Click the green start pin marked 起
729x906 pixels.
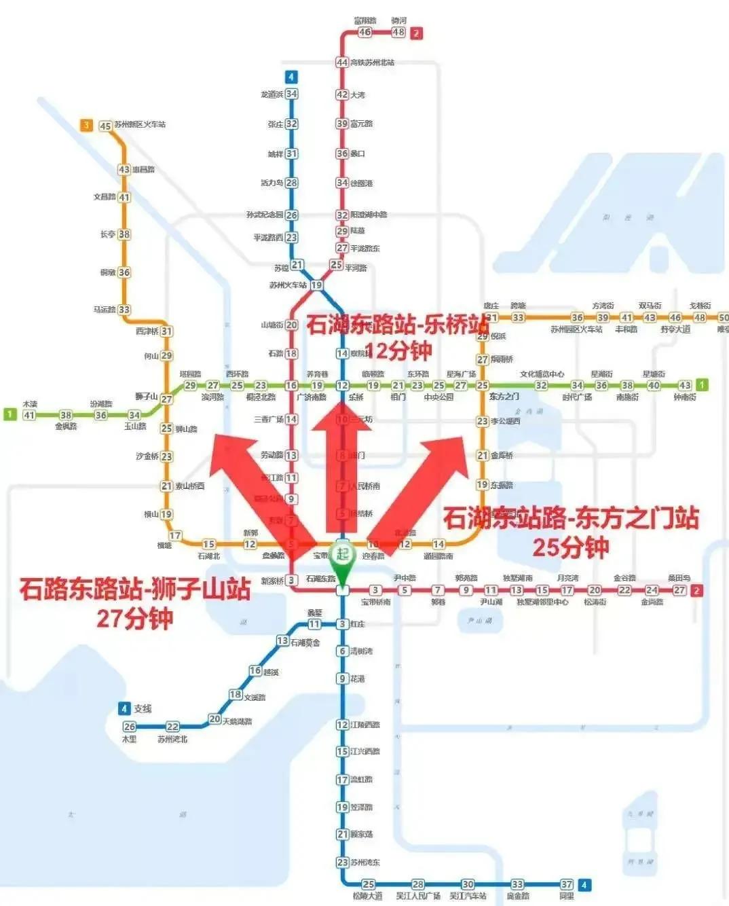coord(343,556)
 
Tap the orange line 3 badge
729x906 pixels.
coord(86,125)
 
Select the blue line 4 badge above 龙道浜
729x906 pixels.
coord(291,77)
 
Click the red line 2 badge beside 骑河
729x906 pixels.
coord(416,33)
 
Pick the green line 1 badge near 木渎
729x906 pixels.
coord(10,414)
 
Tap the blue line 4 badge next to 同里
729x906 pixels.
coord(584,884)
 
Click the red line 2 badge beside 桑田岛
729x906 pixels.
coord(696,590)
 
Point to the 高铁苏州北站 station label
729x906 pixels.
coord(373,62)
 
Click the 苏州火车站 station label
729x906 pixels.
coord(288,286)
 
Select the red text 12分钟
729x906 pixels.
coord(399,350)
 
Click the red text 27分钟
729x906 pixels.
coord(134,618)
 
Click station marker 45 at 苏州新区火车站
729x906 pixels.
coord(105,126)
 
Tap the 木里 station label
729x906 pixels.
coord(129,739)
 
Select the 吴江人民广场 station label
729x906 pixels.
coord(418,896)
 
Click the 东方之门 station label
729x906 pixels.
coord(504,397)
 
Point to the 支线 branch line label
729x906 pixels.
coord(143,709)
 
